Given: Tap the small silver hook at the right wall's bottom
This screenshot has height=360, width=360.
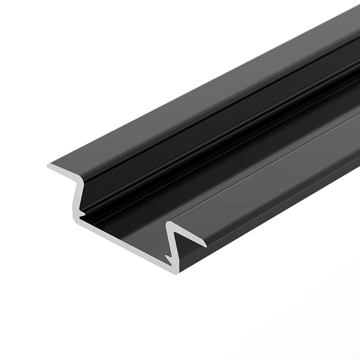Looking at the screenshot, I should (169, 256).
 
